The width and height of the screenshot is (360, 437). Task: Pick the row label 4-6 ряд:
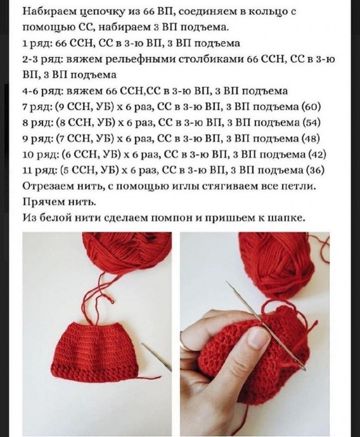pos(43,91)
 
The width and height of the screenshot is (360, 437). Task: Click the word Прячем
pos(42,202)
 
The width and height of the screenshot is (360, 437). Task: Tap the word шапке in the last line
pos(288,218)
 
